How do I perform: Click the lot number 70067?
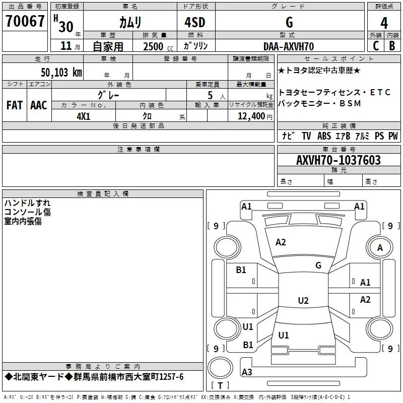pyautogui.click(x=25, y=21)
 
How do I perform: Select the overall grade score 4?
pyautogui.click(x=384, y=23)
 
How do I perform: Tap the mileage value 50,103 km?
pyautogui.click(x=61, y=72)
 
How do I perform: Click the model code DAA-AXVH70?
pyautogui.click(x=289, y=46)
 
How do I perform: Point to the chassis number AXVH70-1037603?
pyautogui.click(x=339, y=160)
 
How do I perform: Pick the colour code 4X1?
pyautogui.click(x=84, y=116)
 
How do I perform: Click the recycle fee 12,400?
pyautogui.click(x=251, y=116)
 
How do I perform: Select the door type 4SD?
pyautogui.click(x=195, y=22)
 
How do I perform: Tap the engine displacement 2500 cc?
pyautogui.click(x=158, y=46)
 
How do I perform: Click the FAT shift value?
pyautogui.click(x=15, y=105)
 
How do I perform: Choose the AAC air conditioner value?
pyautogui.click(x=39, y=105)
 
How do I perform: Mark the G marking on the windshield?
pyautogui.click(x=318, y=265)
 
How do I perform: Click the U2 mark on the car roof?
pyautogui.click(x=303, y=300)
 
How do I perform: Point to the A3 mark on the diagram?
pyautogui.click(x=247, y=372)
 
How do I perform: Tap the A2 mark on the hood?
pyautogui.click(x=281, y=242)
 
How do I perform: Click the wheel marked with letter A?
pyautogui.click(x=380, y=247)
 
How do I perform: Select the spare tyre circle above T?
pyautogui.click(x=220, y=368)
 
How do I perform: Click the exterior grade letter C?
pyautogui.click(x=376, y=46)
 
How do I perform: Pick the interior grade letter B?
pyautogui.click(x=392, y=46)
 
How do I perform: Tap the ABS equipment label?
pyautogui.click(x=324, y=136)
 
